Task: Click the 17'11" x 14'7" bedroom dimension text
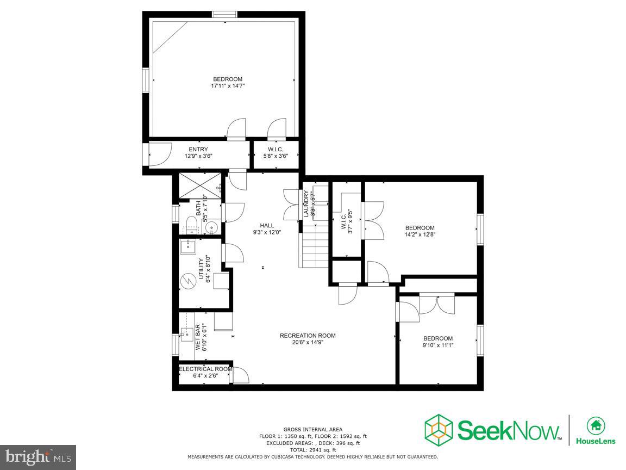pyautogui.click(x=228, y=86)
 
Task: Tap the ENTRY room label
pyautogui.click(x=198, y=150)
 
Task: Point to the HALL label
pyautogui.click(x=266, y=225)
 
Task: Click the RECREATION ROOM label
pyautogui.click(x=308, y=336)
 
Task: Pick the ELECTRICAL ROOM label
pyautogui.click(x=205, y=369)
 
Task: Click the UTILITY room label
pyautogui.click(x=201, y=269)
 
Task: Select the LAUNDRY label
pyautogui.click(x=306, y=204)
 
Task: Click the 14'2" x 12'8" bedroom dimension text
pyautogui.click(x=420, y=235)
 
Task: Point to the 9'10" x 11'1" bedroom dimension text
pyautogui.click(x=437, y=345)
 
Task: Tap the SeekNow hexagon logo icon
pyautogui.click(x=439, y=429)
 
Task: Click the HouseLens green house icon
pyautogui.click(x=596, y=425)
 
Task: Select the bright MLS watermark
pyautogui.click(x=37, y=457)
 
